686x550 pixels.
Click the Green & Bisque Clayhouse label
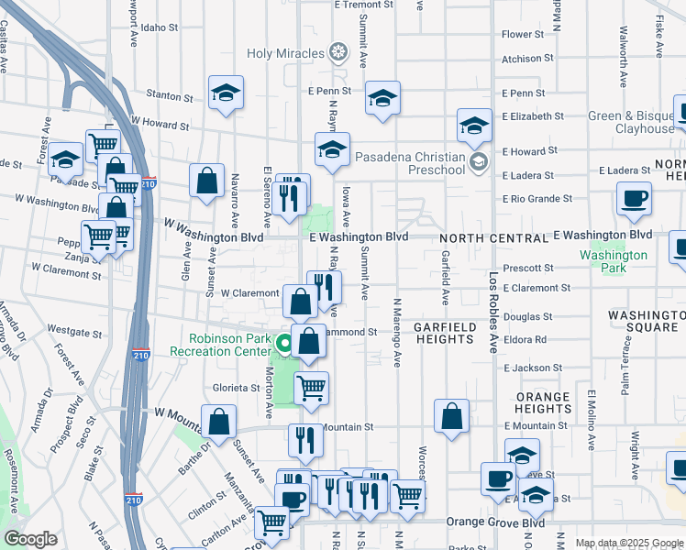pyautogui.click(x=631, y=122)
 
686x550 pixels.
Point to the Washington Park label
pyautogui.click(x=614, y=261)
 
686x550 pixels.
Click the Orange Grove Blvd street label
pyautogui.click(x=495, y=522)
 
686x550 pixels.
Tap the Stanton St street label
pyautogui.click(x=163, y=93)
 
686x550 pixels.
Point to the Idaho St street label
pyautogui.click(x=159, y=27)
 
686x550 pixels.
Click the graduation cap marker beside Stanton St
pyautogui.click(x=226, y=93)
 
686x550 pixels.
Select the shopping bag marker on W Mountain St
pyautogui.click(x=220, y=423)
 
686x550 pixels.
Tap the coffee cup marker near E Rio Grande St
pyautogui.click(x=634, y=199)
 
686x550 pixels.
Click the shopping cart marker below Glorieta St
pyautogui.click(x=312, y=387)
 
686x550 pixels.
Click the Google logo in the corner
pyautogui.click(x=30, y=539)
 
